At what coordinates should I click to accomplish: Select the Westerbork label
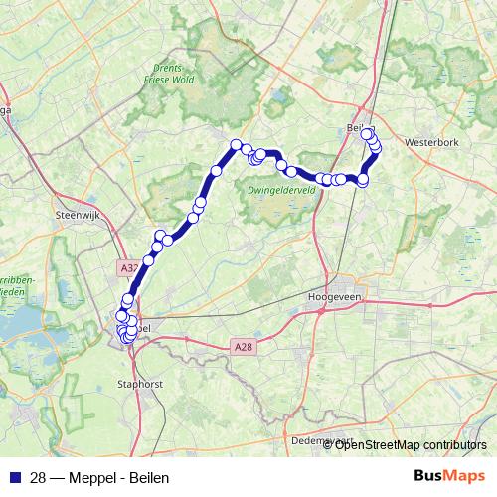pos(431,143)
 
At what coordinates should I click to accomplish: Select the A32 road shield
pos(127,268)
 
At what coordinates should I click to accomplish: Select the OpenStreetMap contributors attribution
pos(411,444)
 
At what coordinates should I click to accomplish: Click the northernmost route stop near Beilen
pos(367,133)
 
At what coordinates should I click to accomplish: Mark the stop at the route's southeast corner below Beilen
pos(363,180)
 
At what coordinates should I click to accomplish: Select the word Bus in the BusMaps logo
pos(429,477)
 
